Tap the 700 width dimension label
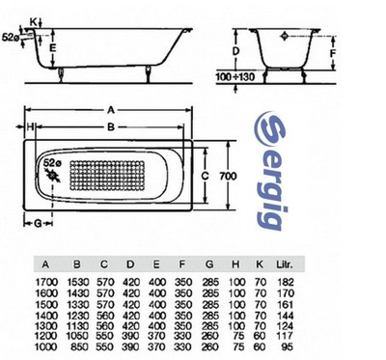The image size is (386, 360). (228, 176)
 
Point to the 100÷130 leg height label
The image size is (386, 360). (234, 76)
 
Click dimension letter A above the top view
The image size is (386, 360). (111, 110)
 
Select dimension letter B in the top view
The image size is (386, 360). (111, 127)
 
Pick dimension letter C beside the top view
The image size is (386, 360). (205, 176)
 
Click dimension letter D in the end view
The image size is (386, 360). (235, 51)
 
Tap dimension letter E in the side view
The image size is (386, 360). (53, 48)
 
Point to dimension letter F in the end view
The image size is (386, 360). (333, 53)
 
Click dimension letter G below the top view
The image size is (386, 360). (38, 223)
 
